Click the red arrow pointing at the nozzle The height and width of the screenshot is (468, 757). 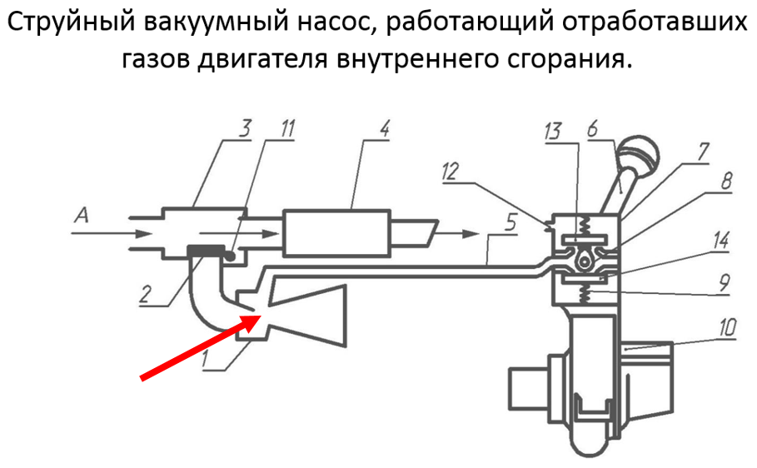tap(201, 346)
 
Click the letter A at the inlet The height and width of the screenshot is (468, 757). tap(82, 215)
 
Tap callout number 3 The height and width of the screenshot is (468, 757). tap(245, 129)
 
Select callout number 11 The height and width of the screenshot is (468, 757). tap(287, 129)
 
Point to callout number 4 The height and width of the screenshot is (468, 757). tap(384, 129)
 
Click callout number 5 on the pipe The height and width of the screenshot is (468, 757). tap(510, 222)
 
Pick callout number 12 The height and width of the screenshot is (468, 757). tap(450, 172)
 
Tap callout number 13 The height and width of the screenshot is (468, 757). tap(553, 131)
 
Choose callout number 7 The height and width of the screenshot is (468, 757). tap(703, 152)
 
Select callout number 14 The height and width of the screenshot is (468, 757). tap(721, 240)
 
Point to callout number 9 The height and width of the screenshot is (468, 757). tap(725, 282)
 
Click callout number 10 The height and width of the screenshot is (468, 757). tap(728, 327)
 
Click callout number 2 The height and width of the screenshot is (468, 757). tap(145, 294)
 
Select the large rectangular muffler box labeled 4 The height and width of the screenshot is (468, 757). tap(337, 232)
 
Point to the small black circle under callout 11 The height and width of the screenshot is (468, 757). tap(231, 256)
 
